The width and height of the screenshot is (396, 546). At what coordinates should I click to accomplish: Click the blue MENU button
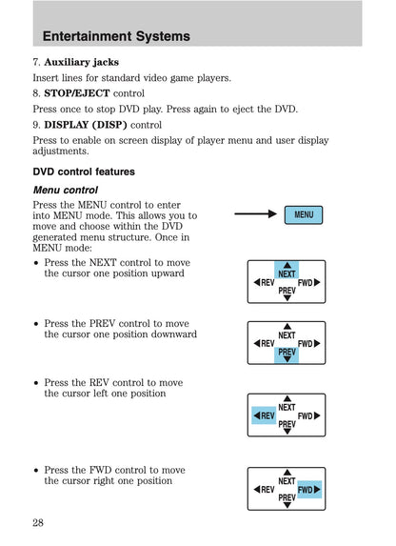[304, 214]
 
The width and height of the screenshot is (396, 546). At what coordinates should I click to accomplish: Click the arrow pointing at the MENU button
[255, 213]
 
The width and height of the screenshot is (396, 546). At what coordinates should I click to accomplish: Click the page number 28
[38, 522]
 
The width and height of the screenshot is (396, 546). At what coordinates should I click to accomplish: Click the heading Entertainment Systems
[116, 36]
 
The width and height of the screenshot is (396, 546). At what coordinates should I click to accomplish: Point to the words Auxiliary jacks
[82, 62]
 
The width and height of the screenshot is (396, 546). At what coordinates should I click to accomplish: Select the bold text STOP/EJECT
[77, 93]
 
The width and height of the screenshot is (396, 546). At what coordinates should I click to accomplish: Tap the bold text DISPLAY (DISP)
[86, 125]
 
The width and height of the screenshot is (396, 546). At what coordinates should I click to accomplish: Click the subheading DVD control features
[84, 172]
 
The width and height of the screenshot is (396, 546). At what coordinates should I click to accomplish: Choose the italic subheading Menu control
[66, 191]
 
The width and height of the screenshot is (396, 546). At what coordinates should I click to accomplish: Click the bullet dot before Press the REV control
[36, 383]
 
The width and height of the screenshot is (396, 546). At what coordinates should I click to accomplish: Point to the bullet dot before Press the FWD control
[36, 470]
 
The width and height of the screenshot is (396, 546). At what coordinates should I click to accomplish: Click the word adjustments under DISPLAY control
[61, 152]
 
